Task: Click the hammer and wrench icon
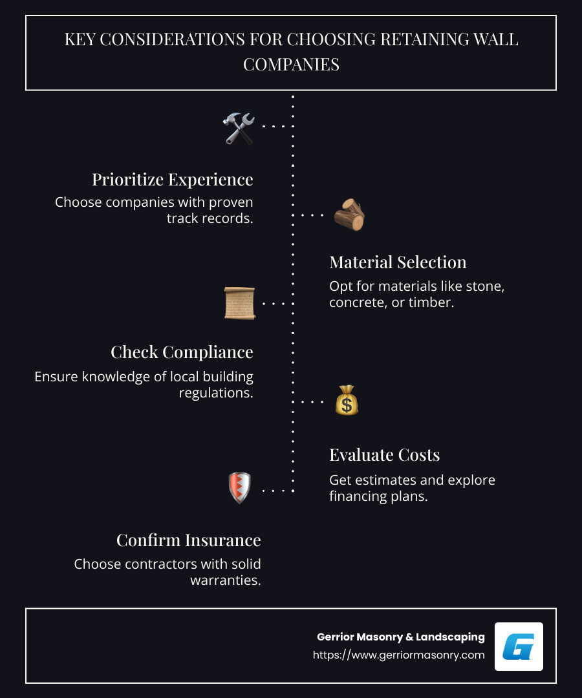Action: coord(239,127)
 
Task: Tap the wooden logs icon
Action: coord(349,215)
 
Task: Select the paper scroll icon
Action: coord(239,302)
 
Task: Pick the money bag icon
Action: coord(347,401)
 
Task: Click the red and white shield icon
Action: coord(239,488)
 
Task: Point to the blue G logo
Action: coord(519,646)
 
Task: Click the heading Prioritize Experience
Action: coord(172,179)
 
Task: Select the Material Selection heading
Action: coord(398,262)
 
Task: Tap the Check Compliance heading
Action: coord(182,352)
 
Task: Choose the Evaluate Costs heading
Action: coord(384,454)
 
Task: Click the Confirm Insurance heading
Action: coord(188,540)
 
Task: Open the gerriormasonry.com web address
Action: coord(398,655)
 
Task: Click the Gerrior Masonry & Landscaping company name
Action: coord(400,637)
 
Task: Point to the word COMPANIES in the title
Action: coord(291,64)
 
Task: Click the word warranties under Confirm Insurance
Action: coord(225,580)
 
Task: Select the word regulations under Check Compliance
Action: coord(216,392)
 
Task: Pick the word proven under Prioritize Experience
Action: coord(231,202)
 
